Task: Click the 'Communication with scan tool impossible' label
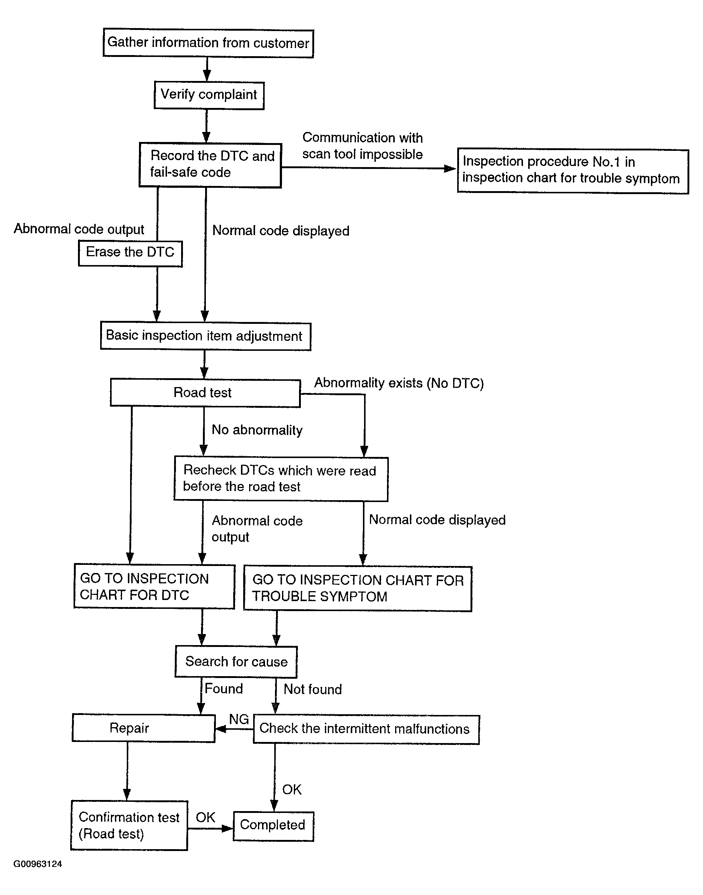[363, 146]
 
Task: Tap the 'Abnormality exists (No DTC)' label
[399, 383]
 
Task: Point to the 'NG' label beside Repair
[239, 719]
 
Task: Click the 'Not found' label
[313, 689]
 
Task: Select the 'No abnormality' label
[257, 430]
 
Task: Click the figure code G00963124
[38, 864]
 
